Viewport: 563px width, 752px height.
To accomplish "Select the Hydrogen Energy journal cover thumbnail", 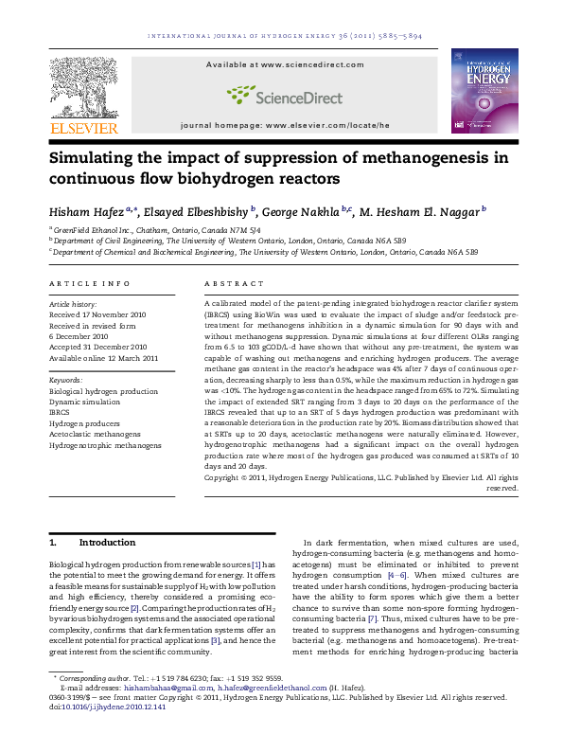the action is (484, 92).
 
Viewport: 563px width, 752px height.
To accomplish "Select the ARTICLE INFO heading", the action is (89, 284).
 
